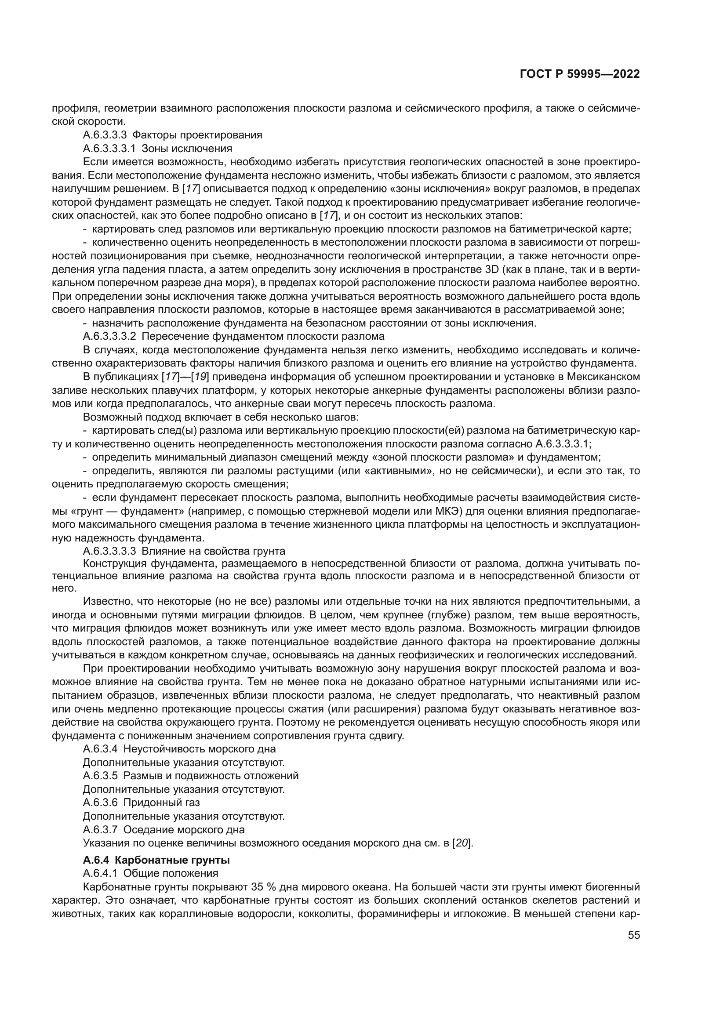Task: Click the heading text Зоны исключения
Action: click(x=187, y=148)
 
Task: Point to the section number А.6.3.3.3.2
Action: click(x=110, y=336)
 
